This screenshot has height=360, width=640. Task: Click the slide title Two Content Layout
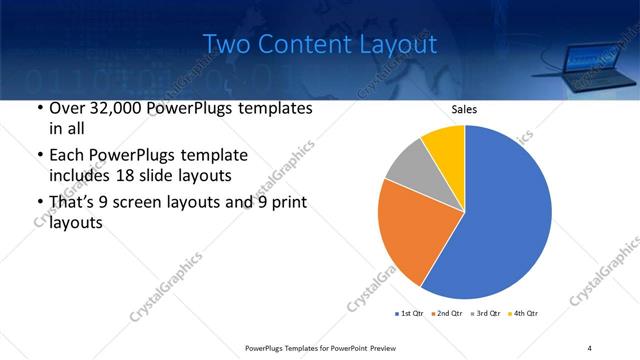coord(319,44)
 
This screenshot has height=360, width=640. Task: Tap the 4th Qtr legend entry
coord(527,314)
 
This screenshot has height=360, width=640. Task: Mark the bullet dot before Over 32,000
coord(39,109)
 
